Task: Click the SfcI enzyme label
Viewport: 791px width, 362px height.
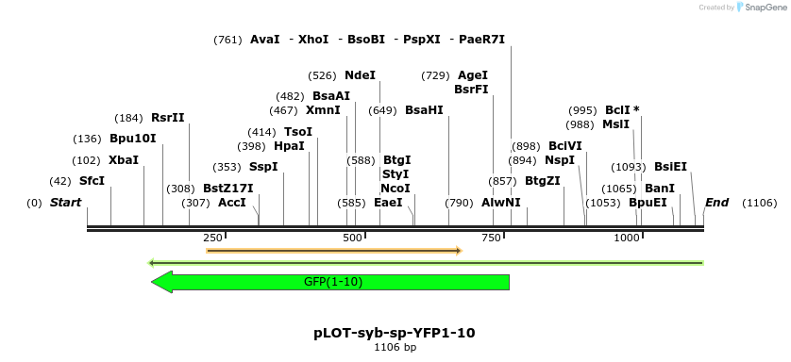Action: [x=92, y=181]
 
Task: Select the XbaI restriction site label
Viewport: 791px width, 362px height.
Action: [x=123, y=160]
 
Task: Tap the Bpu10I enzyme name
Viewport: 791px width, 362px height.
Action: [x=132, y=139]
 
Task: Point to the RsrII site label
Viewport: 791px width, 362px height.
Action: [x=167, y=118]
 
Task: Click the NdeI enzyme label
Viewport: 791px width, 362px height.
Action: [x=360, y=75]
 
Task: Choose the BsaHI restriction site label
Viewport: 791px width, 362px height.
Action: [x=424, y=110]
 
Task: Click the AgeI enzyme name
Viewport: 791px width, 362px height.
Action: [x=472, y=75]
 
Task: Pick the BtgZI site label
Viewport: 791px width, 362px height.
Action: [x=542, y=181]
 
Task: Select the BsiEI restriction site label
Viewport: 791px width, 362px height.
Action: [x=670, y=167]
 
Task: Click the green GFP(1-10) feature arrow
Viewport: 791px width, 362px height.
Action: [x=330, y=282]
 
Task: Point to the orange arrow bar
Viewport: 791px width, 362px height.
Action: [x=333, y=251]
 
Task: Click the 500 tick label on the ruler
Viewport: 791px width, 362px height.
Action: [x=352, y=239]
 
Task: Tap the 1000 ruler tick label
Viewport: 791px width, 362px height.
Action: [x=627, y=239]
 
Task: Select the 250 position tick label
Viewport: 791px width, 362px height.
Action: [x=212, y=239]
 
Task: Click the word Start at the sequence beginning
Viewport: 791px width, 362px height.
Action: [x=65, y=203]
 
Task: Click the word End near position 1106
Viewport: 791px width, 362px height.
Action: [x=716, y=203]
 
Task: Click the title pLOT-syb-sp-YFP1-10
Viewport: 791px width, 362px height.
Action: [x=395, y=333]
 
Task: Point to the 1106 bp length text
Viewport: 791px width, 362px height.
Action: [x=395, y=348]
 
